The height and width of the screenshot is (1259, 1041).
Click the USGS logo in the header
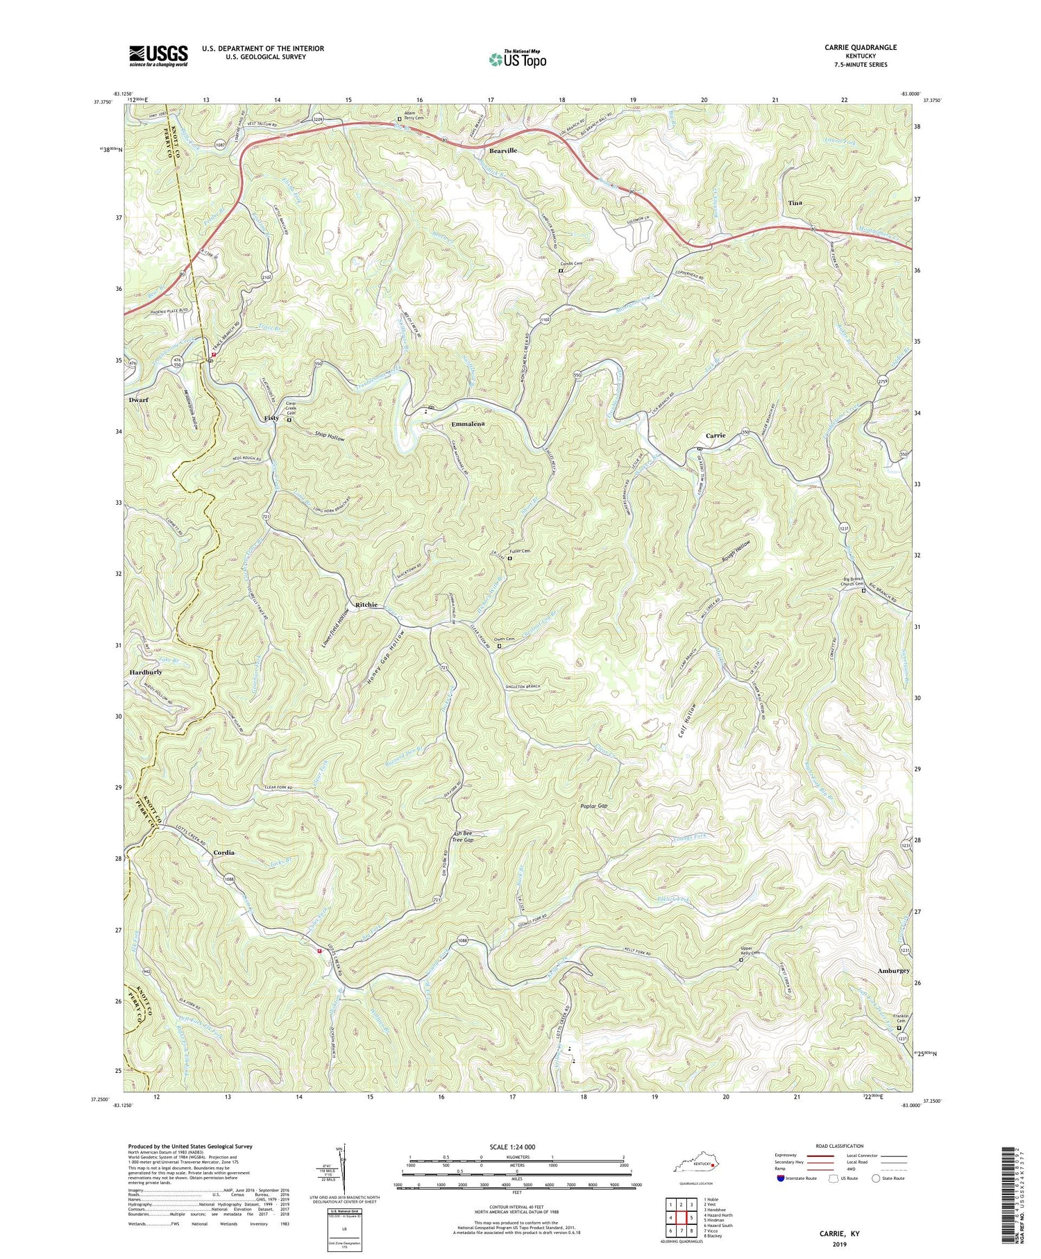coord(158,56)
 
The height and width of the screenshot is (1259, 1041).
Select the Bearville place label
coord(503,151)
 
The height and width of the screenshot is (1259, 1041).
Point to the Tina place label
coord(795,203)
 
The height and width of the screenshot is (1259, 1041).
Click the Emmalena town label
coord(468,424)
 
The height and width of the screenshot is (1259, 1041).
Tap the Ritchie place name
coord(366,605)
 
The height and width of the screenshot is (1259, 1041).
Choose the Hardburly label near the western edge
coord(146,673)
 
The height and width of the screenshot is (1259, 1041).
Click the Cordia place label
coord(224,852)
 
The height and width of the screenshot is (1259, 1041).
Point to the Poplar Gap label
coord(593,806)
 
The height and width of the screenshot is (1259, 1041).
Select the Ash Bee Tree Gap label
coord(463,836)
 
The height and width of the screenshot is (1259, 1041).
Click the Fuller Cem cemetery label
coord(520,551)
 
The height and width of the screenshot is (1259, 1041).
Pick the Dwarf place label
coord(139,401)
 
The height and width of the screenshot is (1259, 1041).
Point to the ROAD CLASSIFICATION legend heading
coord(839,1146)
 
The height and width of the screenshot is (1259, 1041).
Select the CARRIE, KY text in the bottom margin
coord(840,1233)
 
